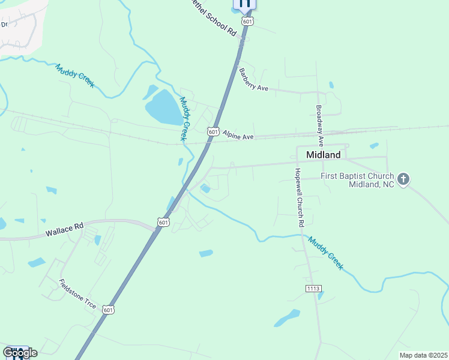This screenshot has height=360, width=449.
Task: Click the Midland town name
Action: pos(323,155)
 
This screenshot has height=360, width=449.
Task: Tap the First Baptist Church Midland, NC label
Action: pos(358,180)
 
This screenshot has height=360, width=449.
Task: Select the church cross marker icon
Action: pos(404,178)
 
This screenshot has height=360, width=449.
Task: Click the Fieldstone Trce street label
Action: pos(77,294)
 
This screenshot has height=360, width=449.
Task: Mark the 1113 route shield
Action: pos(313,289)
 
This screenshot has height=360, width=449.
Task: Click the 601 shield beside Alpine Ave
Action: pos(213,131)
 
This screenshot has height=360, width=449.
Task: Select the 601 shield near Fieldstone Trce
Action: pos(108,310)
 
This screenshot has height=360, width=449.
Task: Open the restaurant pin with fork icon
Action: pos(244,4)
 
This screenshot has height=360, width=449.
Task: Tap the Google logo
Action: pos(20,353)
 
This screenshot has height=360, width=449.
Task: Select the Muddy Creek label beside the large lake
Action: pos(187,119)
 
